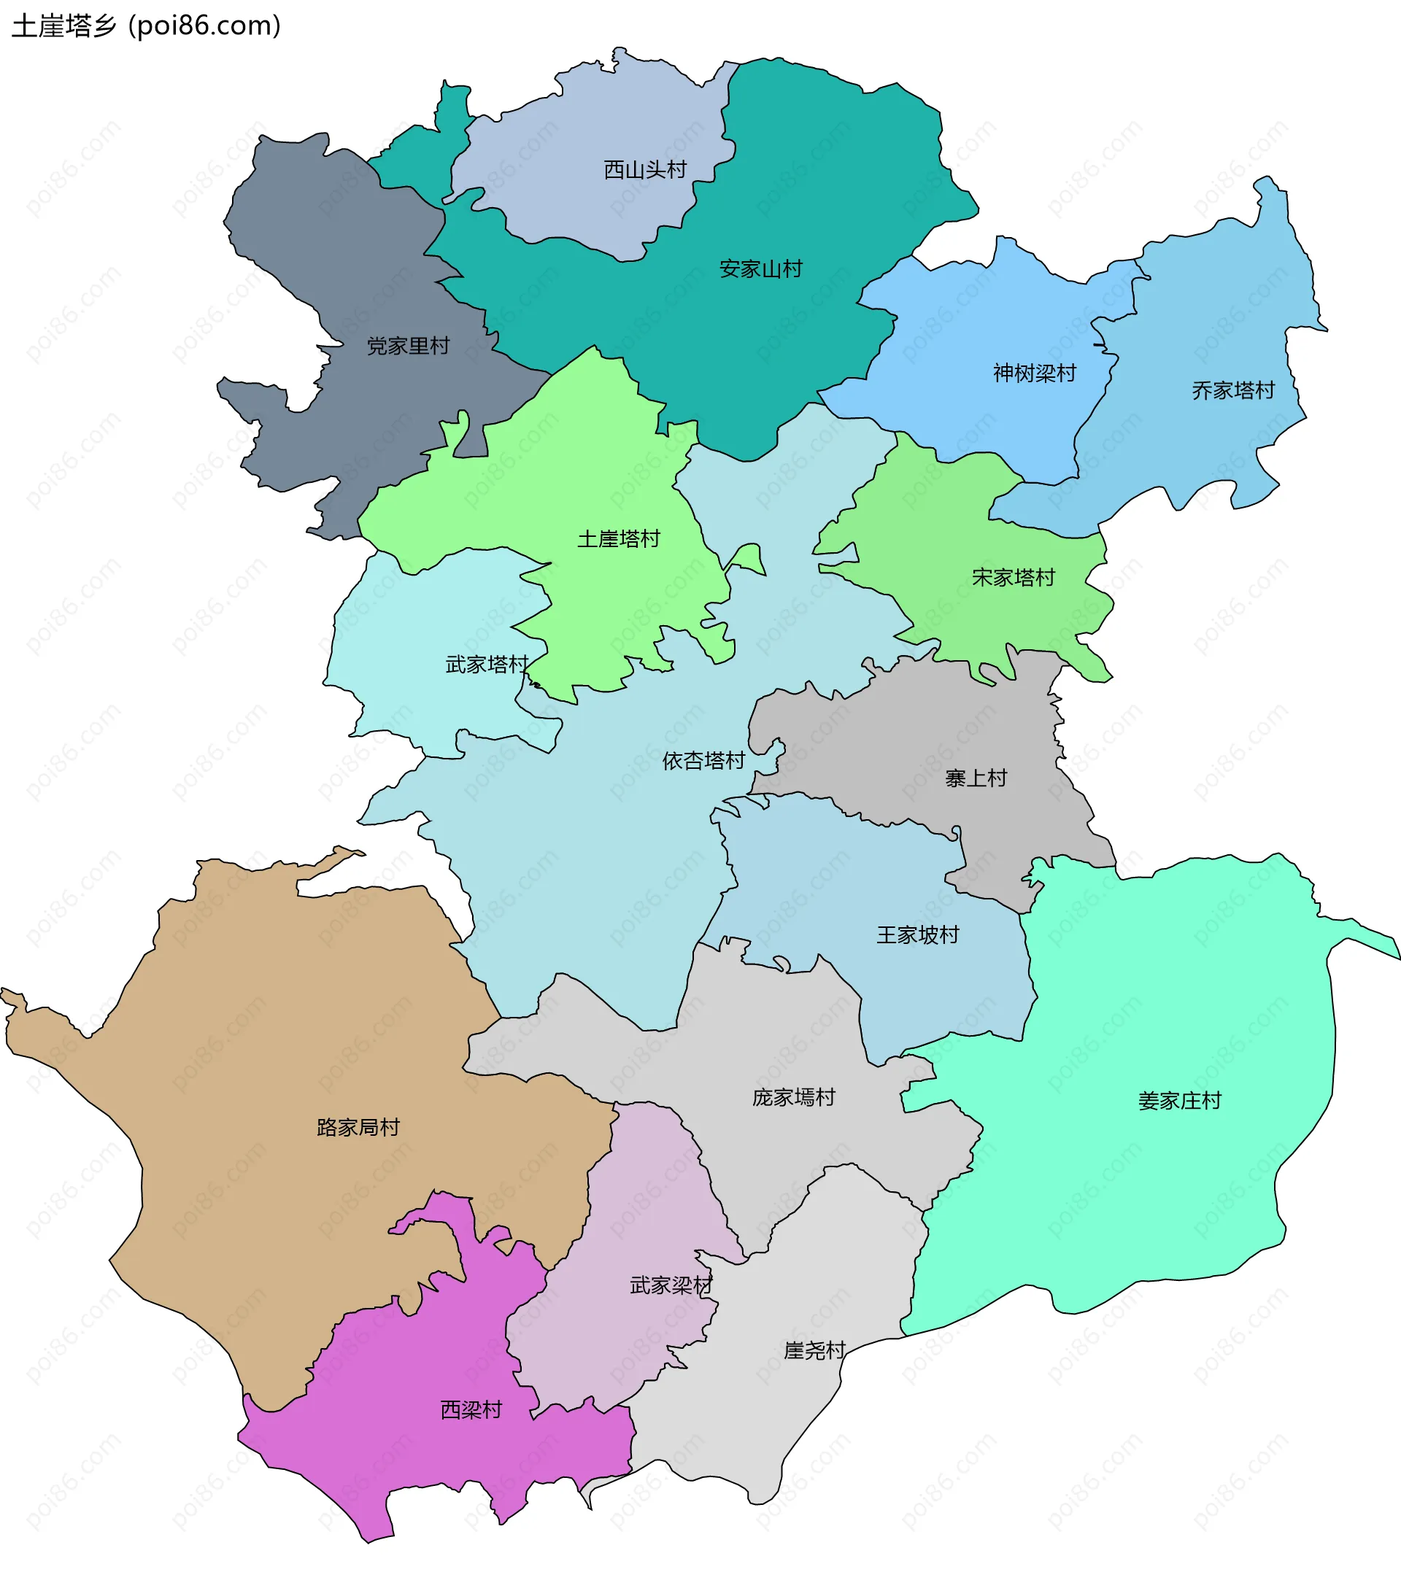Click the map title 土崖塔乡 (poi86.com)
147,26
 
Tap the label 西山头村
645,170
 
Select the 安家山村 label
760,269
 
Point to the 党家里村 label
408,347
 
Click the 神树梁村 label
1034,373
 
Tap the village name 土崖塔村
618,538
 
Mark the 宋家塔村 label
1014,578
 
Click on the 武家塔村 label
487,665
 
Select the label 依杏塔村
703,762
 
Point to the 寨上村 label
976,778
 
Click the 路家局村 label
358,1127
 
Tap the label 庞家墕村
794,1098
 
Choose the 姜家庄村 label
1179,1101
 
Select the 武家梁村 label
671,1285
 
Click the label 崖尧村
814,1350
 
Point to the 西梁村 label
471,1409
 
